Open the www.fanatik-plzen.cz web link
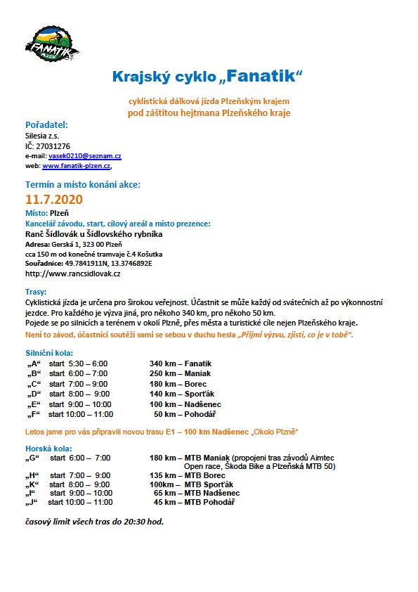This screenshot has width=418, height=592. coord(77,166)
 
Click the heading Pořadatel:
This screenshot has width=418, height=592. coord(46,124)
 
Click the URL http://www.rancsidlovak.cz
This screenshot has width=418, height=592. coord(72,273)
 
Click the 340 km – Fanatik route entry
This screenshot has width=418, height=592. coord(181,363)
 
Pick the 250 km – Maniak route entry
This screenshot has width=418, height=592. coord(180,373)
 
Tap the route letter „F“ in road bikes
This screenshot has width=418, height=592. coord(34,414)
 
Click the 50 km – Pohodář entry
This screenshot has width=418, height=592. coord(183,414)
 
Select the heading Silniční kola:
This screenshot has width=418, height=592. coord(48,352)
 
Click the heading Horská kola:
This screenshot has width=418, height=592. coord(46,448)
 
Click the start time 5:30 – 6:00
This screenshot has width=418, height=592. coord(88,363)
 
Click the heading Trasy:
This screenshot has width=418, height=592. coord(36,291)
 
